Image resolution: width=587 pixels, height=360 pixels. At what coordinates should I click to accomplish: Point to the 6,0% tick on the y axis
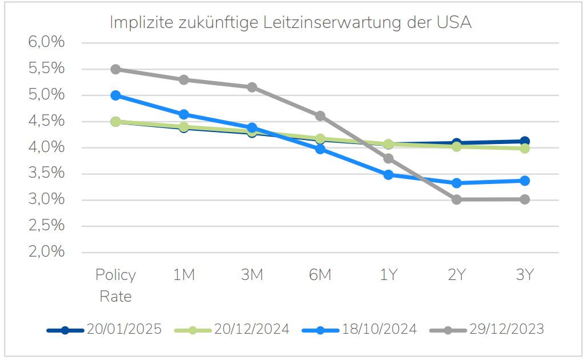point(45,43)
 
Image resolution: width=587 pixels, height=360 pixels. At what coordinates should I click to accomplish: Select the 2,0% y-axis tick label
point(45,252)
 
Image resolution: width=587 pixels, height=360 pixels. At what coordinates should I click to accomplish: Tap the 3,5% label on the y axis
point(45,174)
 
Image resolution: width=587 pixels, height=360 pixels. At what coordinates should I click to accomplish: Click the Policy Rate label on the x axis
point(115,285)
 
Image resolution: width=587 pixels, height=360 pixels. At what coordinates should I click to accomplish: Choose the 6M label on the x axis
point(320,275)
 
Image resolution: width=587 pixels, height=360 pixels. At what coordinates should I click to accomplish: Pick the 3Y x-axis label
point(524,275)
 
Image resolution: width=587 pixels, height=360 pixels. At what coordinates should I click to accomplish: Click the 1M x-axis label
point(184,275)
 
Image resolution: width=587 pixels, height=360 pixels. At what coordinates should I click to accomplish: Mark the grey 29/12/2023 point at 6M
point(320,116)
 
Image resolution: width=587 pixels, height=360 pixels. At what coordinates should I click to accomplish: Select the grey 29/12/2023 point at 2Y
point(456,199)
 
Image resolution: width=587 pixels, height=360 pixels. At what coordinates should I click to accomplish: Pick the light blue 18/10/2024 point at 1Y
point(388,175)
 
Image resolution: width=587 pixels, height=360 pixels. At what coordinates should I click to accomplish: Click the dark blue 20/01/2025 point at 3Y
point(524,141)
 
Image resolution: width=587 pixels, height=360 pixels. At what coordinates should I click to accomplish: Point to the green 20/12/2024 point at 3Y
point(524,149)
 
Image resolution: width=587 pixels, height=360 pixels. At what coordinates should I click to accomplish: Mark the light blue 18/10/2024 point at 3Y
point(524,181)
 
